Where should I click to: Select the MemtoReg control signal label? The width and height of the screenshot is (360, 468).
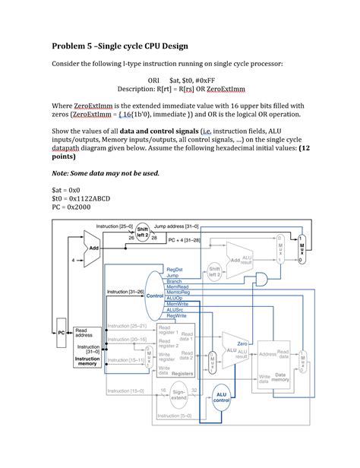178,292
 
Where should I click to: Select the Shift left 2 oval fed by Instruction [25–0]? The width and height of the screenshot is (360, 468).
141,232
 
